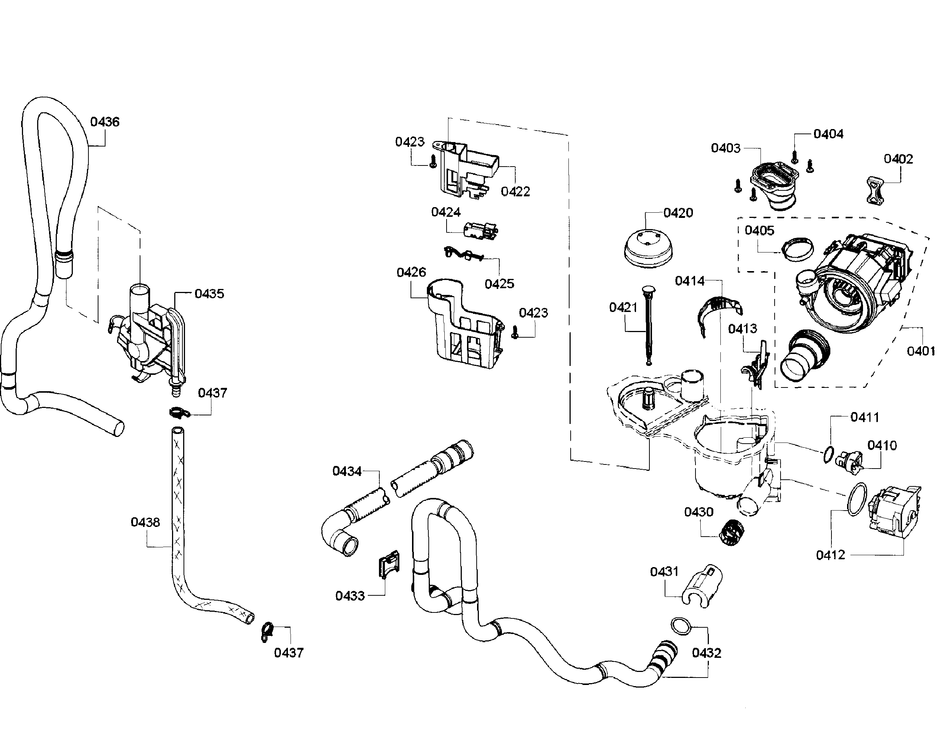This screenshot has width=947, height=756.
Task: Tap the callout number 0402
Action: click(x=898, y=159)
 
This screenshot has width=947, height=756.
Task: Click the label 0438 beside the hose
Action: click(x=145, y=522)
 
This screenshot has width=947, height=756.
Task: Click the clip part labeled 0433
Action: click(x=389, y=564)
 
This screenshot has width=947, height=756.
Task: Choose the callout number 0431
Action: click(x=664, y=572)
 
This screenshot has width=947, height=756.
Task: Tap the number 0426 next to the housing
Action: click(x=411, y=272)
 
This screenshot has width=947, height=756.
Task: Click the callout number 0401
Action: click(x=921, y=351)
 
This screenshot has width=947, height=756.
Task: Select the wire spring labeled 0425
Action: click(x=463, y=254)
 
